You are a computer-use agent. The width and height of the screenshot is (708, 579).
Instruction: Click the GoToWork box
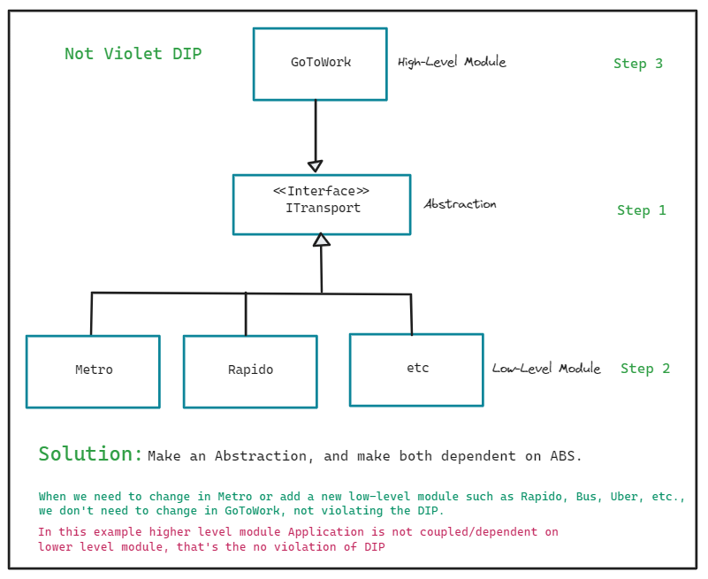320,64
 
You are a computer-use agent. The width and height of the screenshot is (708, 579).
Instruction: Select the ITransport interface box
322,204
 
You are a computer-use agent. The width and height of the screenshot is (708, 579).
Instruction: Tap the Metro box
93,371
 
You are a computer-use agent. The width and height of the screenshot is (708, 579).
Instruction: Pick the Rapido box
250,371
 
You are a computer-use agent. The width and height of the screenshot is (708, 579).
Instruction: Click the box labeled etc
416,369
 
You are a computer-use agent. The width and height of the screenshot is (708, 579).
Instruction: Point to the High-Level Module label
452,63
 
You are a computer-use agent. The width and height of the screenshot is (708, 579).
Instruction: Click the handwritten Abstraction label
460,204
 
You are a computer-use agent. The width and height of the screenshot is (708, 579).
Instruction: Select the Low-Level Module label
546,369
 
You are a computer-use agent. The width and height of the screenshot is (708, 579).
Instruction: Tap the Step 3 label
638,64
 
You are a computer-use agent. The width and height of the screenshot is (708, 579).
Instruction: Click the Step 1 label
642,210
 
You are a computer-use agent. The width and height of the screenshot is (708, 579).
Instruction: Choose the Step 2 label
645,369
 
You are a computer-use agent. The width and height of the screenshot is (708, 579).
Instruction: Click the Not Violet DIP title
133,54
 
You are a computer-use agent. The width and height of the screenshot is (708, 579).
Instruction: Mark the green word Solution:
90,454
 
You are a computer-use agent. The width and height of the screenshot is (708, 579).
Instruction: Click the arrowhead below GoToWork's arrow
315,165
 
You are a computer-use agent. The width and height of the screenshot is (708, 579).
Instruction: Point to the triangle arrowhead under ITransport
322,240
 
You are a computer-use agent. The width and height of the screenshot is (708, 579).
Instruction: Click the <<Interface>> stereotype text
321,191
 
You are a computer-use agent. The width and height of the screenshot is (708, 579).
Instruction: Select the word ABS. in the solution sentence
566,457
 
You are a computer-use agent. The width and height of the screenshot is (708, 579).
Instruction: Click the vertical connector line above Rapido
246,314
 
